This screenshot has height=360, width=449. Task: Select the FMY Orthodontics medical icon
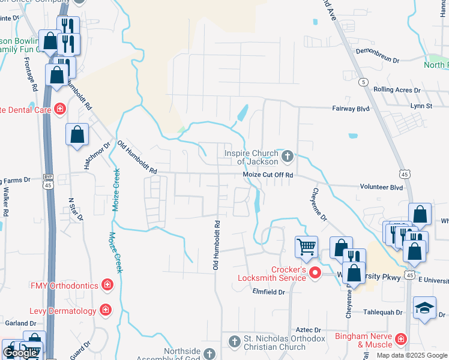(x=107, y=284)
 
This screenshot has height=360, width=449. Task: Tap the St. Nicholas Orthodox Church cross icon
(x=235, y=342)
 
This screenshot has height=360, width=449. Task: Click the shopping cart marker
(x=306, y=246)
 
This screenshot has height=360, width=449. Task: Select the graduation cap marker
(x=424, y=308)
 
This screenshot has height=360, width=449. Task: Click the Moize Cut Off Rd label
(x=268, y=175)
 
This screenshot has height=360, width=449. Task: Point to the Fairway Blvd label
(x=351, y=109)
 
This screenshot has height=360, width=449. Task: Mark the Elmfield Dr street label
(x=268, y=292)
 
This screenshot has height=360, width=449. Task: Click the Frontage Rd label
(x=31, y=74)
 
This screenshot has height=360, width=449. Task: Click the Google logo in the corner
(x=20, y=352)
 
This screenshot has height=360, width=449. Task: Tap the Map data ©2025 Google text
(x=411, y=355)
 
